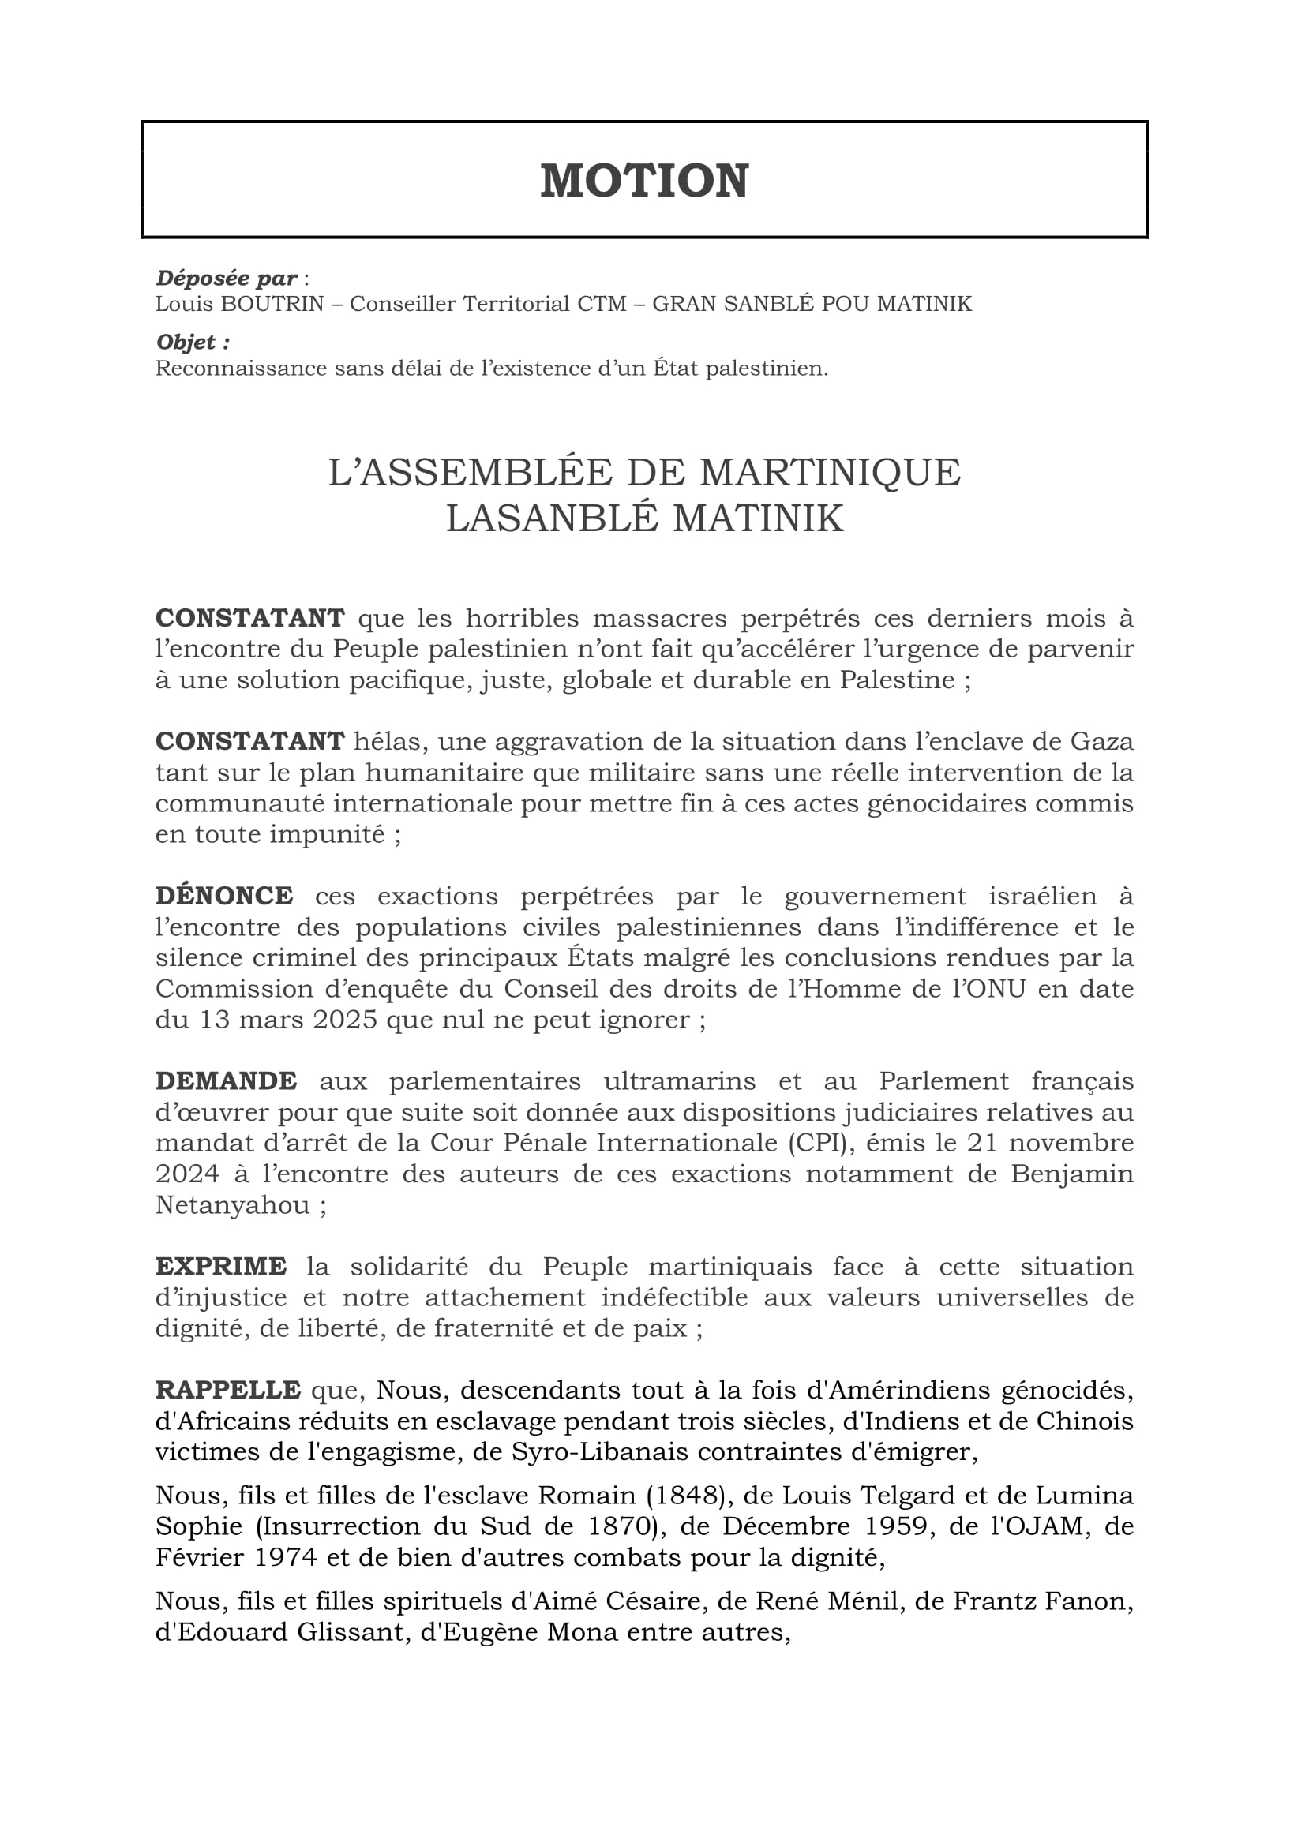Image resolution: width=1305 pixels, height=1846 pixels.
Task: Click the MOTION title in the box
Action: click(x=644, y=180)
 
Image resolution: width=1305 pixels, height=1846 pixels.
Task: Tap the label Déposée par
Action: click(x=227, y=278)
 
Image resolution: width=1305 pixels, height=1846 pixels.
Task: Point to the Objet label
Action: click(x=193, y=343)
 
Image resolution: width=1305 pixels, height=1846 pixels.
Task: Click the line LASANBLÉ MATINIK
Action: click(x=644, y=519)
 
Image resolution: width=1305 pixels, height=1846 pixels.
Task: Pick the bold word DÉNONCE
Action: click(x=224, y=896)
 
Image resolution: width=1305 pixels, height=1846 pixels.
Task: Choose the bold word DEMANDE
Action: click(x=226, y=1080)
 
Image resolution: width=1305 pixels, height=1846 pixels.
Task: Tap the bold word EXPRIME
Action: click(x=221, y=1265)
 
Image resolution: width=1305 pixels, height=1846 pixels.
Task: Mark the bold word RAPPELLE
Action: click(x=228, y=1389)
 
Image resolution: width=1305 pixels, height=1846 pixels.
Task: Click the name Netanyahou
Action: click(x=232, y=1205)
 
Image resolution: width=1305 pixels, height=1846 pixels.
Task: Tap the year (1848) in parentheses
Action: click(x=686, y=1495)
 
